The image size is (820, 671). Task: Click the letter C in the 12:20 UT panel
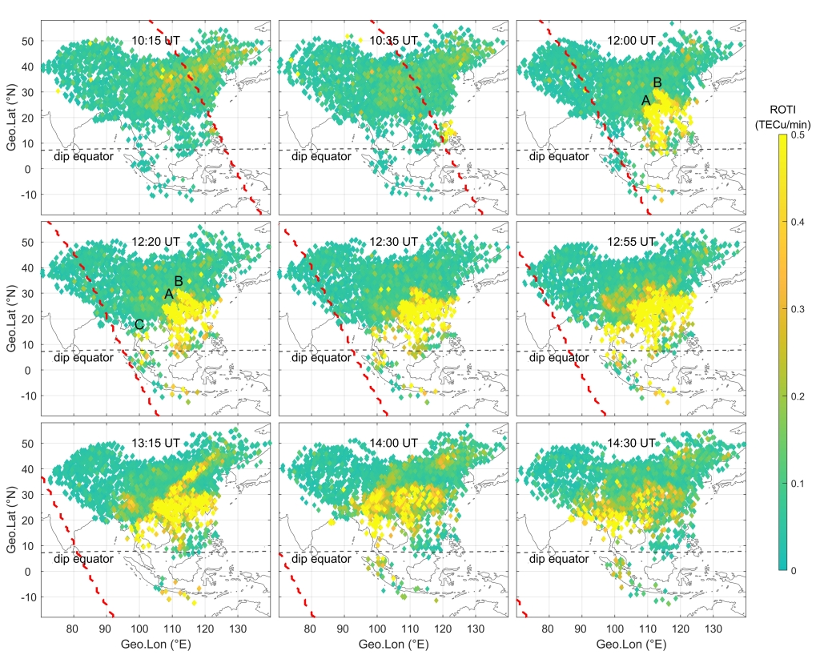click(x=139, y=325)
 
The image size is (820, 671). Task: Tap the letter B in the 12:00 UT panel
click(x=657, y=82)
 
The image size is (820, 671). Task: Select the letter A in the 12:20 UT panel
click(x=168, y=295)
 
